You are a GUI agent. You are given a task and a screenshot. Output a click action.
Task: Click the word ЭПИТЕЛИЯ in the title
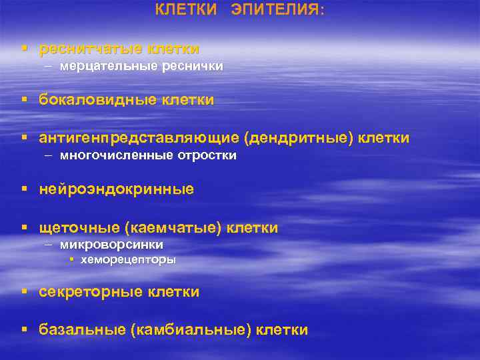tap(275, 10)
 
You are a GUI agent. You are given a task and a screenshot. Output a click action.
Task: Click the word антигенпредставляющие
tap(139, 138)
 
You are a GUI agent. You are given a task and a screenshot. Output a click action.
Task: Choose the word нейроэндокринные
tap(117, 189)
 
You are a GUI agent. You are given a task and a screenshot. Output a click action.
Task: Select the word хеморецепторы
tap(128, 260)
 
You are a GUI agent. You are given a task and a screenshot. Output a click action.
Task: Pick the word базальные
tap(83, 329)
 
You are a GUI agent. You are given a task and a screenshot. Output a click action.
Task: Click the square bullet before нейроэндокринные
tap(25, 189)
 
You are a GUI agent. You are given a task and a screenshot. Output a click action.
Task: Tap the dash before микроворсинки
tap(50, 245)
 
